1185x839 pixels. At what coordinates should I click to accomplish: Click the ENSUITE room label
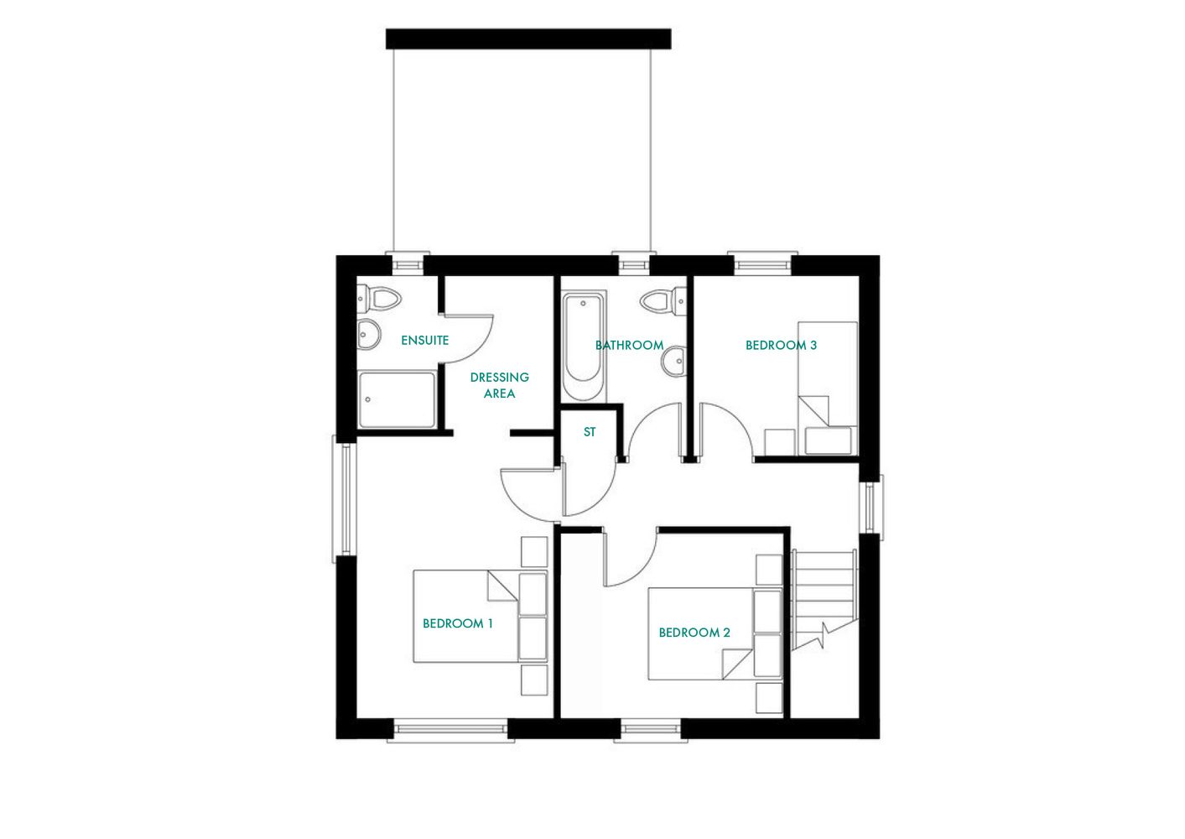point(424,340)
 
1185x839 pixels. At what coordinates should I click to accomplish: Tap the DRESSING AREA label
point(499,385)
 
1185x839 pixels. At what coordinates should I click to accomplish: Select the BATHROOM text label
point(629,345)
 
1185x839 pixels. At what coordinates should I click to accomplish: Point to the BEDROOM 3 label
point(781,345)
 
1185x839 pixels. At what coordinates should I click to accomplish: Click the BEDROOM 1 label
point(457,623)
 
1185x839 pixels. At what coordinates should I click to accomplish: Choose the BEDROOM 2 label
point(694,633)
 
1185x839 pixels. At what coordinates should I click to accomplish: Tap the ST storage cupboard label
point(590,432)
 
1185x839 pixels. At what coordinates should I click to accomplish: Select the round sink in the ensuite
point(368,334)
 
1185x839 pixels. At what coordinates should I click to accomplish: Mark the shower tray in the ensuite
point(397,400)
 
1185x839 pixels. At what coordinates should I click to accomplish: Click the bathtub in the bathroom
point(584,346)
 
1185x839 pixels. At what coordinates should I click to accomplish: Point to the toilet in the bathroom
point(663,300)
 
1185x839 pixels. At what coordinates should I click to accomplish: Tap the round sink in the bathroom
point(674,362)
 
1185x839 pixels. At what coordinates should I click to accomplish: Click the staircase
point(824,596)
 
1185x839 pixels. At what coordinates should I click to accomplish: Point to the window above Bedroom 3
point(763,265)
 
